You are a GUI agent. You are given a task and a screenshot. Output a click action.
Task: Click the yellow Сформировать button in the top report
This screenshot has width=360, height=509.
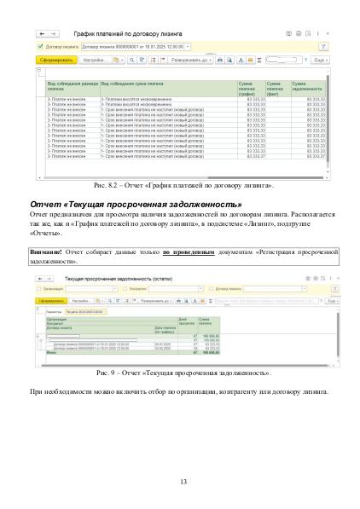pos(55,61)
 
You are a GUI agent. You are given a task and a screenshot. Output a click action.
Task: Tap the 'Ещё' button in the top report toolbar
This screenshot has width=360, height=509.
pos(318,61)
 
